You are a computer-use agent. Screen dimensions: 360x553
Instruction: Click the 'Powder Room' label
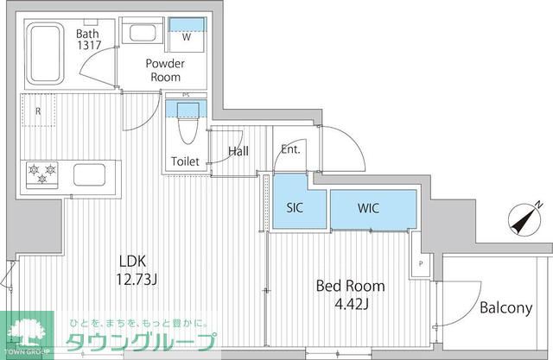click(165, 69)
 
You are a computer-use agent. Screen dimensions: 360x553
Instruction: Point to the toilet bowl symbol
click(185, 129)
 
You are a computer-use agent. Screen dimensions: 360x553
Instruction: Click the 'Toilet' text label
click(185, 161)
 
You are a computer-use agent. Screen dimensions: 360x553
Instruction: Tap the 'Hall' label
click(239, 152)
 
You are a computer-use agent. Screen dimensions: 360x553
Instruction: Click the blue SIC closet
click(293, 208)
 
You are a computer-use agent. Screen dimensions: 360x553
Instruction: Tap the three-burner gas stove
click(41, 174)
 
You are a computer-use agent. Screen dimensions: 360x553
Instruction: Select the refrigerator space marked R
click(37, 111)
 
